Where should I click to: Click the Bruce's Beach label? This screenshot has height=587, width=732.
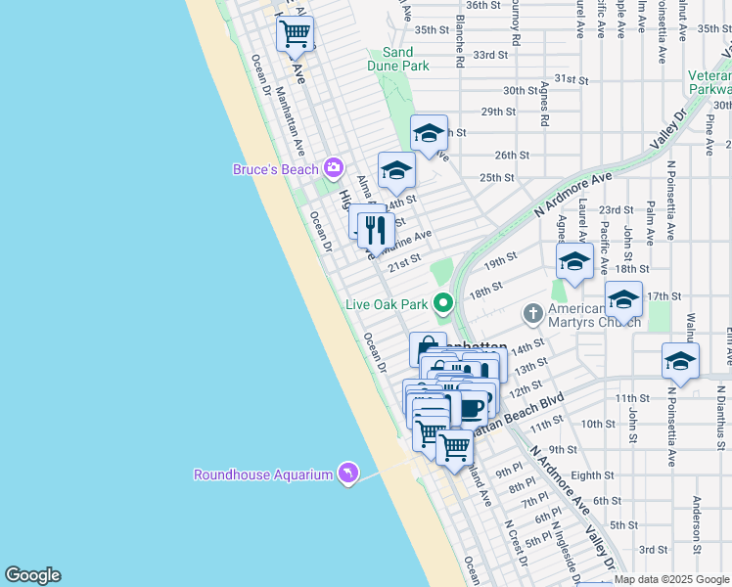(275, 169)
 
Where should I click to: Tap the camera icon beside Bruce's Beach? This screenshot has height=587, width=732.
(334, 169)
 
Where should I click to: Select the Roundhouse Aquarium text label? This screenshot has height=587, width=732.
(263, 474)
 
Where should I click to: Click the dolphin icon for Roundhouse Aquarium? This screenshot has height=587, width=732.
(347, 474)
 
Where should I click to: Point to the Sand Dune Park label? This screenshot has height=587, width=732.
(398, 59)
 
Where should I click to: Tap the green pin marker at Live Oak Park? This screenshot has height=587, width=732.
(443, 303)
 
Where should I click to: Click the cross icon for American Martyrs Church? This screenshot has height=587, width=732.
(532, 314)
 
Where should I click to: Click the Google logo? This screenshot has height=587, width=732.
(32, 575)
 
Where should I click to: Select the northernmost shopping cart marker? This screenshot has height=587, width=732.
(295, 35)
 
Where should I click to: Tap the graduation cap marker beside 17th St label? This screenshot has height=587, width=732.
(622, 299)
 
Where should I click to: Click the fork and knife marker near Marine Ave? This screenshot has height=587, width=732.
(376, 231)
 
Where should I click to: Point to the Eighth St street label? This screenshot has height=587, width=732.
(592, 475)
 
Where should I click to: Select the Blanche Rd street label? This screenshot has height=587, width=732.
(459, 44)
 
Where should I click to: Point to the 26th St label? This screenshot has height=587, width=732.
(512, 155)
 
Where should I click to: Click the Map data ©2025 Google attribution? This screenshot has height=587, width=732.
(672, 579)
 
